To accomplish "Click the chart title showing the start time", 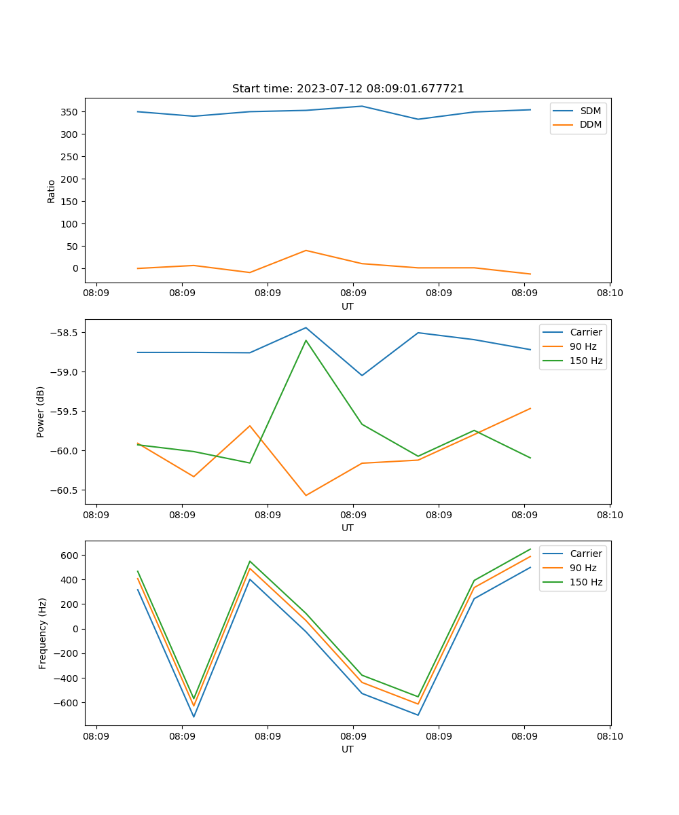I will coord(348,89).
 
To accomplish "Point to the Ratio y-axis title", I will coord(52,192).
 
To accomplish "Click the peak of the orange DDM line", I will coord(306,251).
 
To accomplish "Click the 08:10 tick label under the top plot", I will coord(609,293).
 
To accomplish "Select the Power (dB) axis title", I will coord(41,412).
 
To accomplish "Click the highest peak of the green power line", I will coord(306,340).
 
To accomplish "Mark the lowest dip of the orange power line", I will coord(306,495).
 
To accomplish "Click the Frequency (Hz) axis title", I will coord(43,633).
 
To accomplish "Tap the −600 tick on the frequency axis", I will coord(67,703).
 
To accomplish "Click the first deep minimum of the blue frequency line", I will coord(194,717).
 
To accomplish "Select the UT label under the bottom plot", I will coord(348,749).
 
